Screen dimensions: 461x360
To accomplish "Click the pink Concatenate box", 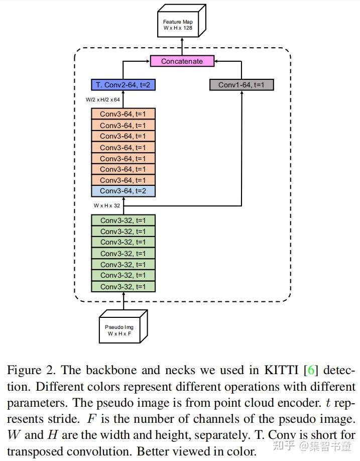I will tap(182, 61).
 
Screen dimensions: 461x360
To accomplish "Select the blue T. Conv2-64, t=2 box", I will tap(123, 85).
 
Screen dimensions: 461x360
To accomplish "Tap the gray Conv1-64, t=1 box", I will tap(242, 85).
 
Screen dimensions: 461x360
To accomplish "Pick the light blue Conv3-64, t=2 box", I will tap(123, 191).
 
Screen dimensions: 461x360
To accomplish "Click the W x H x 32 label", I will tap(106, 205).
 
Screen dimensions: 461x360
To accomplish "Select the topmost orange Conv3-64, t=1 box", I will tap(123, 114).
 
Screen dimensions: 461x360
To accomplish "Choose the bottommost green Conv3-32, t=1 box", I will tap(123, 286).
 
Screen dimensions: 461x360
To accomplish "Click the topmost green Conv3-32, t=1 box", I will tap(123, 220).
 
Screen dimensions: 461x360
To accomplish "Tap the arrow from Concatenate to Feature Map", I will tap(182, 49).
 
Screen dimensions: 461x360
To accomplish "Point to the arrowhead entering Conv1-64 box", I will tap(242, 93).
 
